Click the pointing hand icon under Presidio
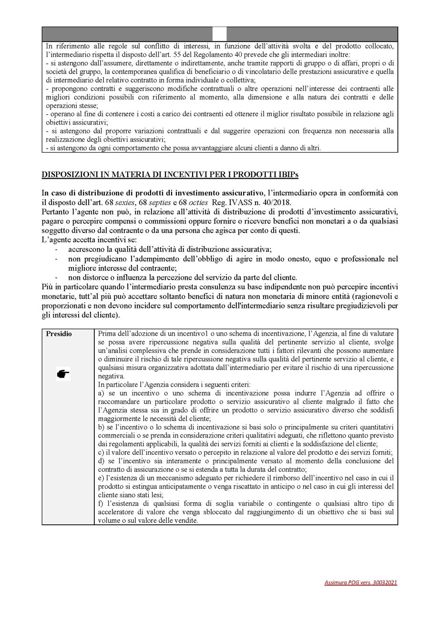pyautogui.click(x=63, y=375)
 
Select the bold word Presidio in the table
pyautogui.click(x=59, y=334)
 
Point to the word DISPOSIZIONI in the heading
pyautogui.click(x=70, y=174)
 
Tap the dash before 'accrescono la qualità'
pyautogui.click(x=57, y=249)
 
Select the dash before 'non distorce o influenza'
pyautogui.click(x=57, y=277)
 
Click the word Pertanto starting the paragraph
pyautogui.click(x=56, y=211)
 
